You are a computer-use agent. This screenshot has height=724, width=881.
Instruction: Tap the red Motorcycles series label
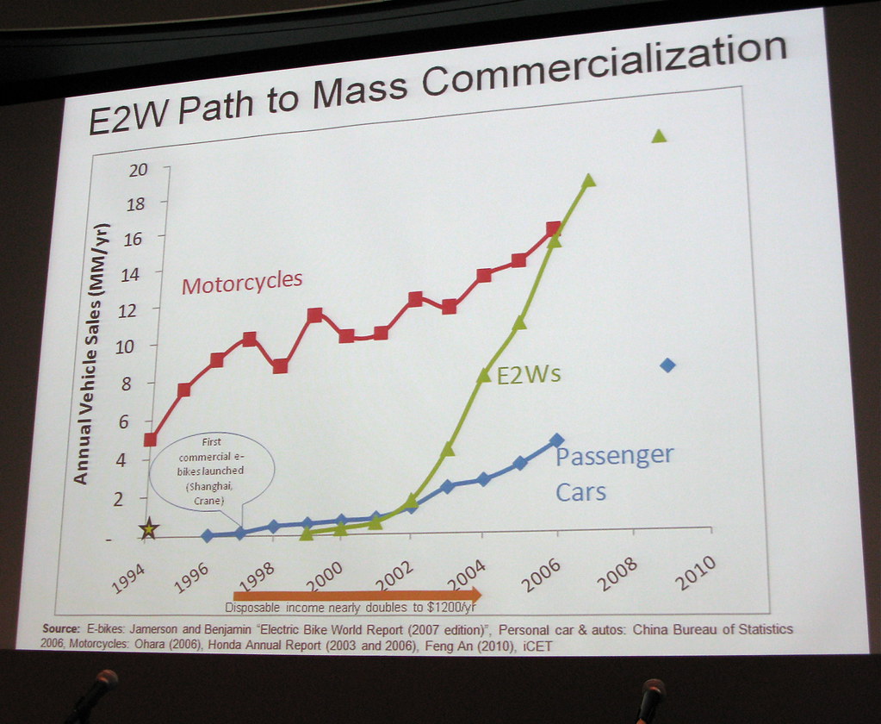point(242,281)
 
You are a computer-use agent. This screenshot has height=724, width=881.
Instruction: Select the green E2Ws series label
point(530,374)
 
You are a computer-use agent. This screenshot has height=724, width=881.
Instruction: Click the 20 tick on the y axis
point(138,169)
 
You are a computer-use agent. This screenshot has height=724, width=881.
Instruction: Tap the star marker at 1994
point(149,529)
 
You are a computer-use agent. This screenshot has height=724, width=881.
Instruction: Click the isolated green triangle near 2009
point(659,135)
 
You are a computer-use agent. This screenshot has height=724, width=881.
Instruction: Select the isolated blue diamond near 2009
point(667,365)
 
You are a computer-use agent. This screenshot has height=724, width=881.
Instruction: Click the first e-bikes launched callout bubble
point(212,477)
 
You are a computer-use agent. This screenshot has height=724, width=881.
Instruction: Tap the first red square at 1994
point(150,440)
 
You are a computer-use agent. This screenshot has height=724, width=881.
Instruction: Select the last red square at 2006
point(553,228)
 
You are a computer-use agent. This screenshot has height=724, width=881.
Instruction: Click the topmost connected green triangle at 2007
point(589,180)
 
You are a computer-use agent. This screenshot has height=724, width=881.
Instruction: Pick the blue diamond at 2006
point(556,440)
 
